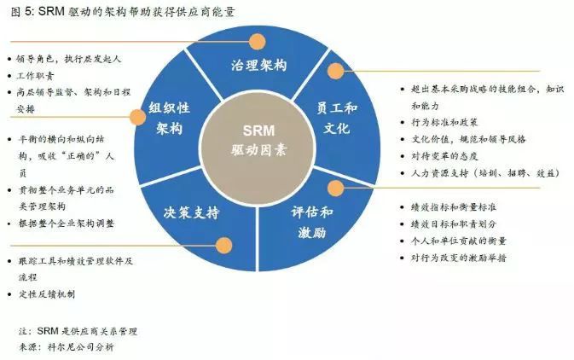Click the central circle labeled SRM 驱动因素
coord(258,147)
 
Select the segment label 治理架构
coord(258,65)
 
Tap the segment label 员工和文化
coord(336,118)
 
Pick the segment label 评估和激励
coord(312,222)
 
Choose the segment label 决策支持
coord(191,212)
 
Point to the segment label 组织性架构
coord(169,118)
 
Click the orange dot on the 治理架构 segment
coord(257,42)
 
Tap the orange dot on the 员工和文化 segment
coord(336,71)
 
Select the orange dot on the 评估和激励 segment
coord(336,188)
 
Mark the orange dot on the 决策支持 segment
coord(223,245)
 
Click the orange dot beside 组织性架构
coord(137,117)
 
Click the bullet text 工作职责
coord(35,76)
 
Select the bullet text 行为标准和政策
coord(444,122)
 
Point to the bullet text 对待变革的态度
coord(444,156)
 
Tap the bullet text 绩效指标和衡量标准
coord(454,207)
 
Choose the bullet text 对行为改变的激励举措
coord(458,258)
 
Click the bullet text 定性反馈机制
coord(47,294)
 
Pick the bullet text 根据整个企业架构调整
coord(67,224)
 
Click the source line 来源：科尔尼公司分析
coord(67,347)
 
